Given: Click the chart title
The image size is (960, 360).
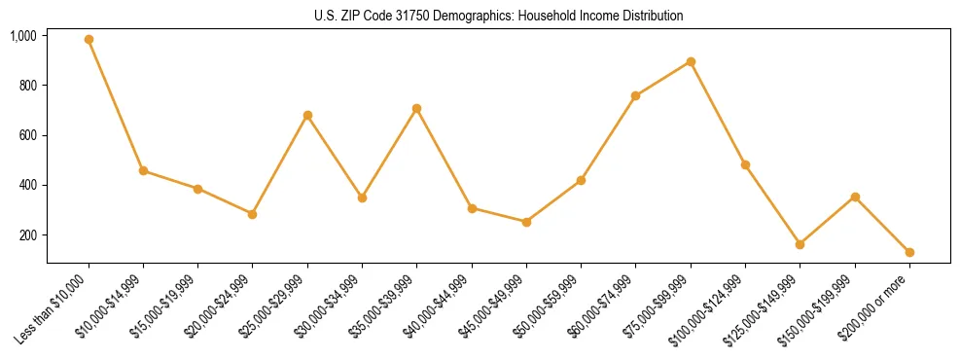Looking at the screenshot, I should tap(498, 16).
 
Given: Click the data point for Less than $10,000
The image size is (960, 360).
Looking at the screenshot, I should tap(89, 40).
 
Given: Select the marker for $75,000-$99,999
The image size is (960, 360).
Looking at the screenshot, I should tap(691, 61).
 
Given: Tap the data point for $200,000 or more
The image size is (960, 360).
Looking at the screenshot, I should tap(909, 252).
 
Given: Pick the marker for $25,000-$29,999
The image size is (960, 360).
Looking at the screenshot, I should tap(307, 115).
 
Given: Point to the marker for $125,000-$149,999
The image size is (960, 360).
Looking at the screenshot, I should tap(800, 244).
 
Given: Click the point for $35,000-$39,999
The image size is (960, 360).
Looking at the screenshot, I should tap(417, 108).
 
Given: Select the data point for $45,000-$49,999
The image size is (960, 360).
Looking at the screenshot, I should tap(526, 222).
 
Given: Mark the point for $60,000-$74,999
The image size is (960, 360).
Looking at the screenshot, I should tap(636, 95).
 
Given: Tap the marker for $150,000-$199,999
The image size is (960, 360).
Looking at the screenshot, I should tap(855, 197).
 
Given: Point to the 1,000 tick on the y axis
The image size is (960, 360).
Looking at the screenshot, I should tap(23, 36).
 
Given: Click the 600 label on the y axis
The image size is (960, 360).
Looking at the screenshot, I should tap(28, 135).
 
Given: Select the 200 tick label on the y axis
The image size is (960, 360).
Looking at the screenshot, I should tap(28, 235).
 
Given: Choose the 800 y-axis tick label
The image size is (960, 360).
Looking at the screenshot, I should tap(28, 86).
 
